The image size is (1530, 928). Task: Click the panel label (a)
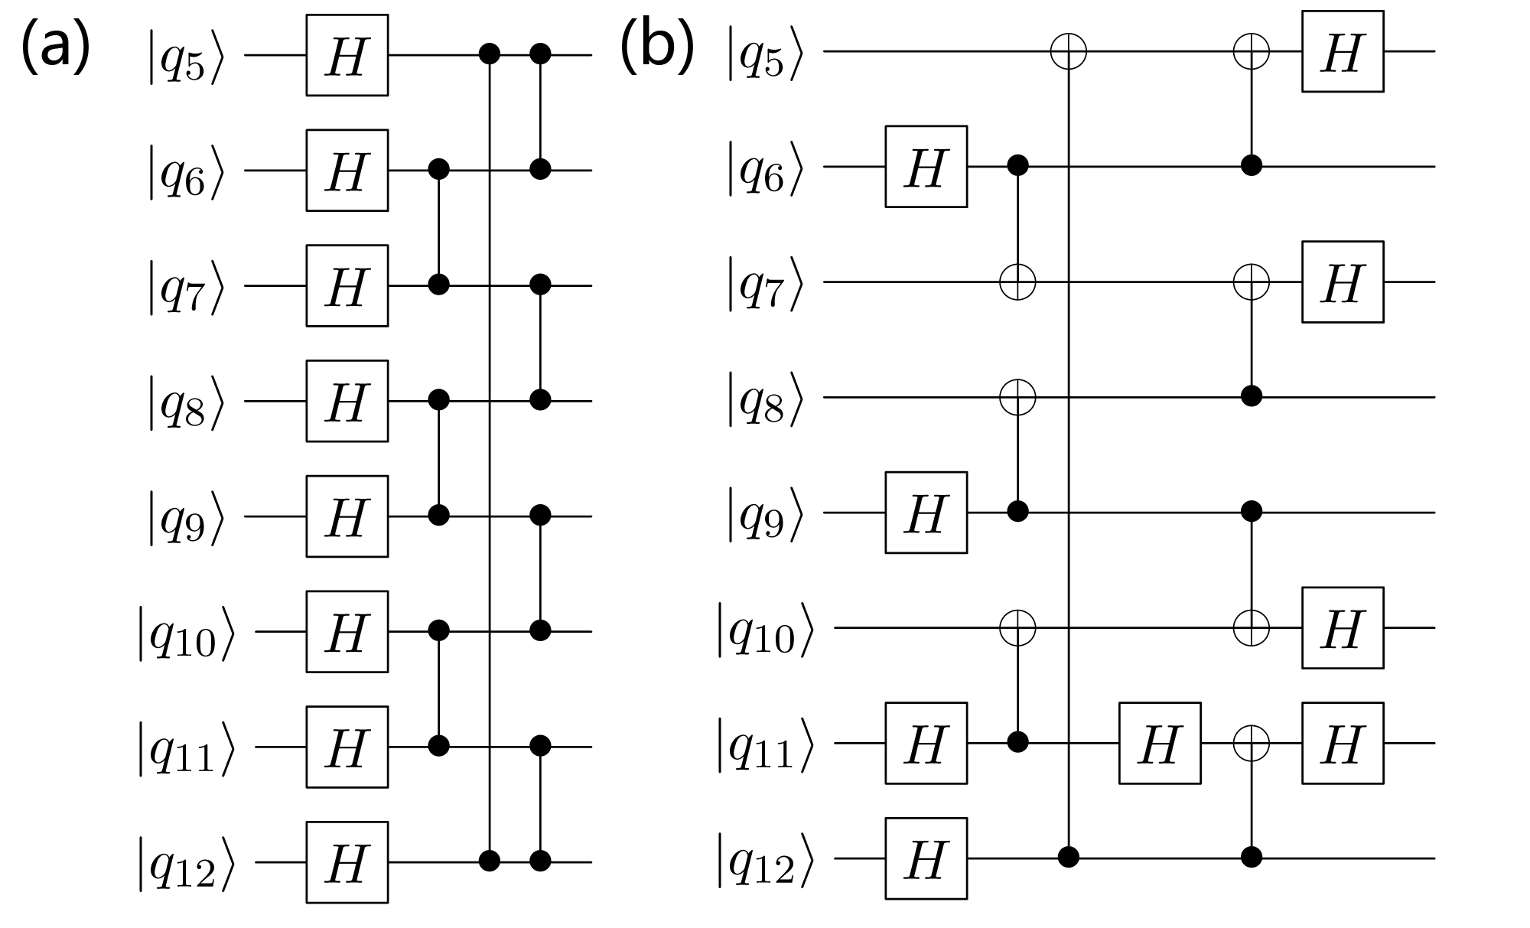56,47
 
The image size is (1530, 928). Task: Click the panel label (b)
656,47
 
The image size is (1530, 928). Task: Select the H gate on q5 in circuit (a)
347,55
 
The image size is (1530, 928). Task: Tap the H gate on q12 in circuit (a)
347,862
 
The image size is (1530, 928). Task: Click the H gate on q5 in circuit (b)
1343,51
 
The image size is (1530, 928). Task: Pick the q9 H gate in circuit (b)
926,513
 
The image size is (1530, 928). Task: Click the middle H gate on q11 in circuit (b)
1159,743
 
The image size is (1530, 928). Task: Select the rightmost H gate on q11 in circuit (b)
1343,743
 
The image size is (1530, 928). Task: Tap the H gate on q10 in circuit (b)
1343,628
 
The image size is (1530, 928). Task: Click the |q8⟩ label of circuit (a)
186,402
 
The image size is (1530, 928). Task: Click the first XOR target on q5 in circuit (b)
1069,52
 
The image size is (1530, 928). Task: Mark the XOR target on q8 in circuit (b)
1017,397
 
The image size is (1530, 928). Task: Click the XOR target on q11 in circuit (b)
1252,743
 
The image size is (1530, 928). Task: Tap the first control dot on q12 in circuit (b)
1069,858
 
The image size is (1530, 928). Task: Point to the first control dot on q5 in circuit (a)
489,54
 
